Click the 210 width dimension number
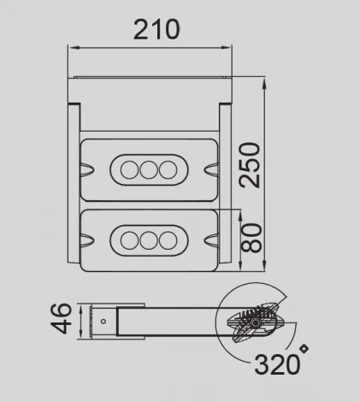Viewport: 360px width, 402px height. click(x=156, y=28)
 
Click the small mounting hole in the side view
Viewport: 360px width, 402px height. click(x=103, y=322)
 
